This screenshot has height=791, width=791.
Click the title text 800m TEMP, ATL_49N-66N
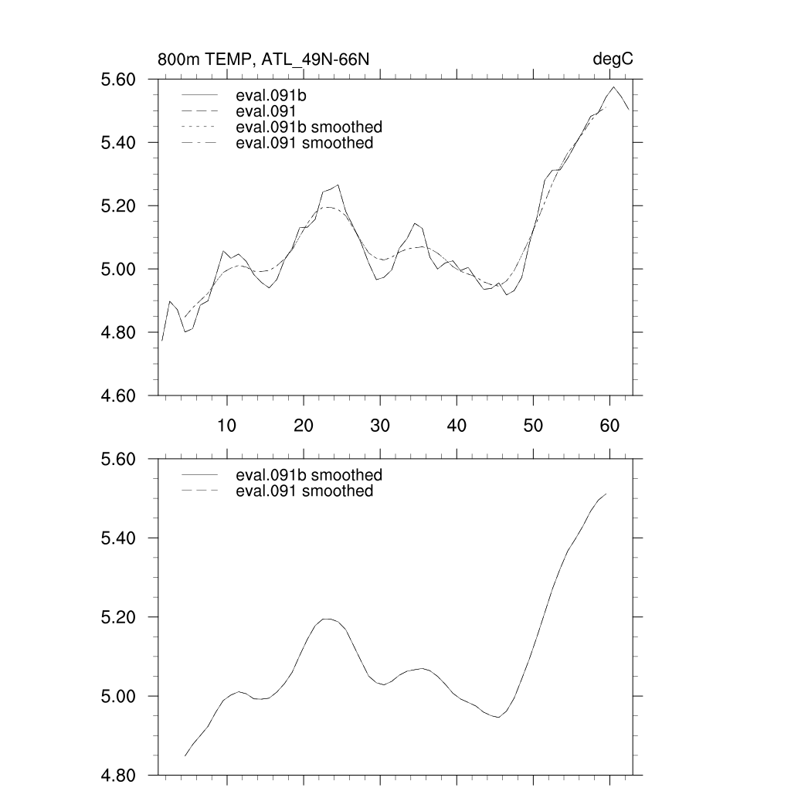268,60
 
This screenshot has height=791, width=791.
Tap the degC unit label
613,60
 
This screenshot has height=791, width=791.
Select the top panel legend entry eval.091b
277,97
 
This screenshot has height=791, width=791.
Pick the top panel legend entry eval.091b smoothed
309,127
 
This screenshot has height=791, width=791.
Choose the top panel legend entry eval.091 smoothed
304,143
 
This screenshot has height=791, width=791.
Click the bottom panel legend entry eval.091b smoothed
309,474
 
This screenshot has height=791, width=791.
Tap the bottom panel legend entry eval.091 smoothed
304,491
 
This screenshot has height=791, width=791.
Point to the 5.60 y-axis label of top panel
119,80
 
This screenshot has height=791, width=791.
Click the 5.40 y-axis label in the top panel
119,143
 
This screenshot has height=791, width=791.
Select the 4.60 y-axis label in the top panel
119,395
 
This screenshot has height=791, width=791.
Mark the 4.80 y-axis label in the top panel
119,332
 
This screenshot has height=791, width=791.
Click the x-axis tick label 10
226,425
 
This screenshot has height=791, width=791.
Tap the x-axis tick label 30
379,425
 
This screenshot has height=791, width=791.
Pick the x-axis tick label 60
609,425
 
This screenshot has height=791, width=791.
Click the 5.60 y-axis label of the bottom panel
119,459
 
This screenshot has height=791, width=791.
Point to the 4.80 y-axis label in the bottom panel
119,775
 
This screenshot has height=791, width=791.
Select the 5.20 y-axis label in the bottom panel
119,617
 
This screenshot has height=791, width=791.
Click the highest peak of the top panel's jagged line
613,87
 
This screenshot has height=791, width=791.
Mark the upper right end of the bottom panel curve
606,494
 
